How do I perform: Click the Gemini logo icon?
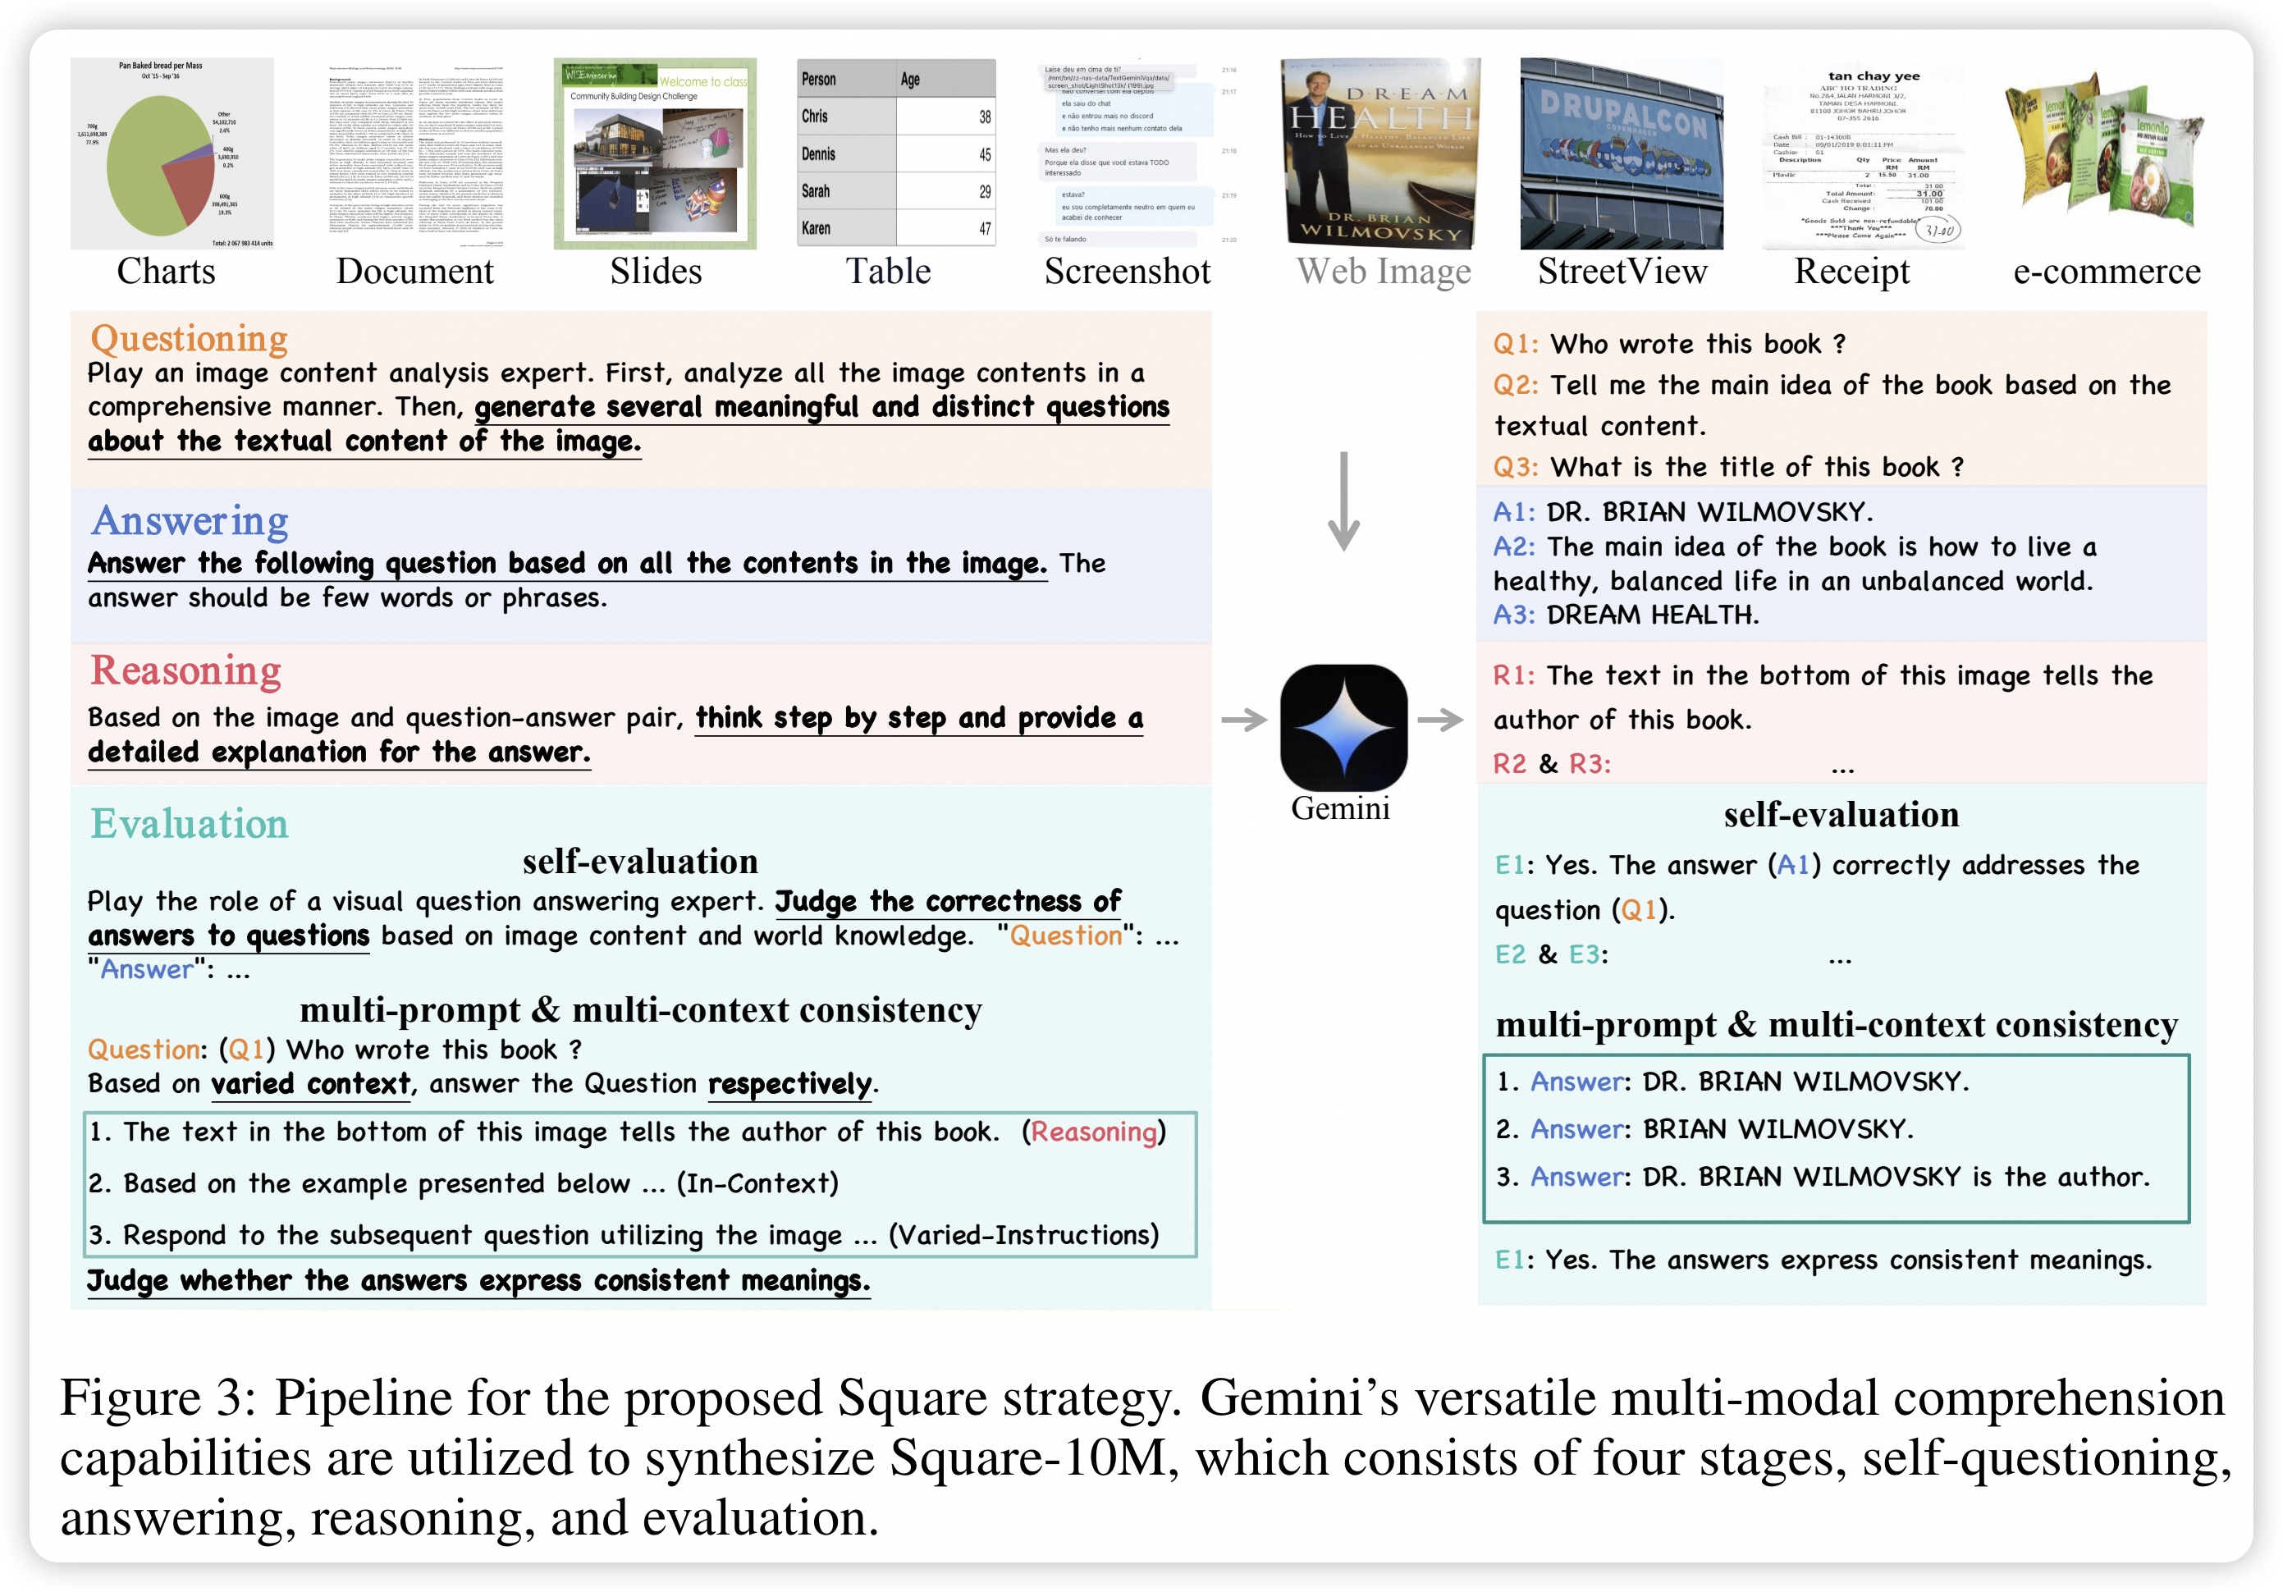click(1343, 727)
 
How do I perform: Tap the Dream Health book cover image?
click(1380, 153)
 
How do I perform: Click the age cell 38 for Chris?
click(983, 117)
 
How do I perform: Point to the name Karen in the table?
click(817, 229)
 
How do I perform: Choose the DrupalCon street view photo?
click(1621, 153)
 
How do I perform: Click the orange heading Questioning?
click(189, 338)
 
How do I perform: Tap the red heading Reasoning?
click(186, 670)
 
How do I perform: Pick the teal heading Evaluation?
click(189, 823)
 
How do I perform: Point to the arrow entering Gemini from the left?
click(1243, 719)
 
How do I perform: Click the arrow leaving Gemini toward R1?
click(1440, 719)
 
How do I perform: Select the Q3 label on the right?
click(1514, 468)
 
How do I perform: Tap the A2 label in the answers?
click(1513, 547)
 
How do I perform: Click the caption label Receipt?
click(1851, 272)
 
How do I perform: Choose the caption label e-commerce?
click(2106, 272)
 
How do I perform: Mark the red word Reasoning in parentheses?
click(1094, 1132)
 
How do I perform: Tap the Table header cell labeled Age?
click(910, 80)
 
